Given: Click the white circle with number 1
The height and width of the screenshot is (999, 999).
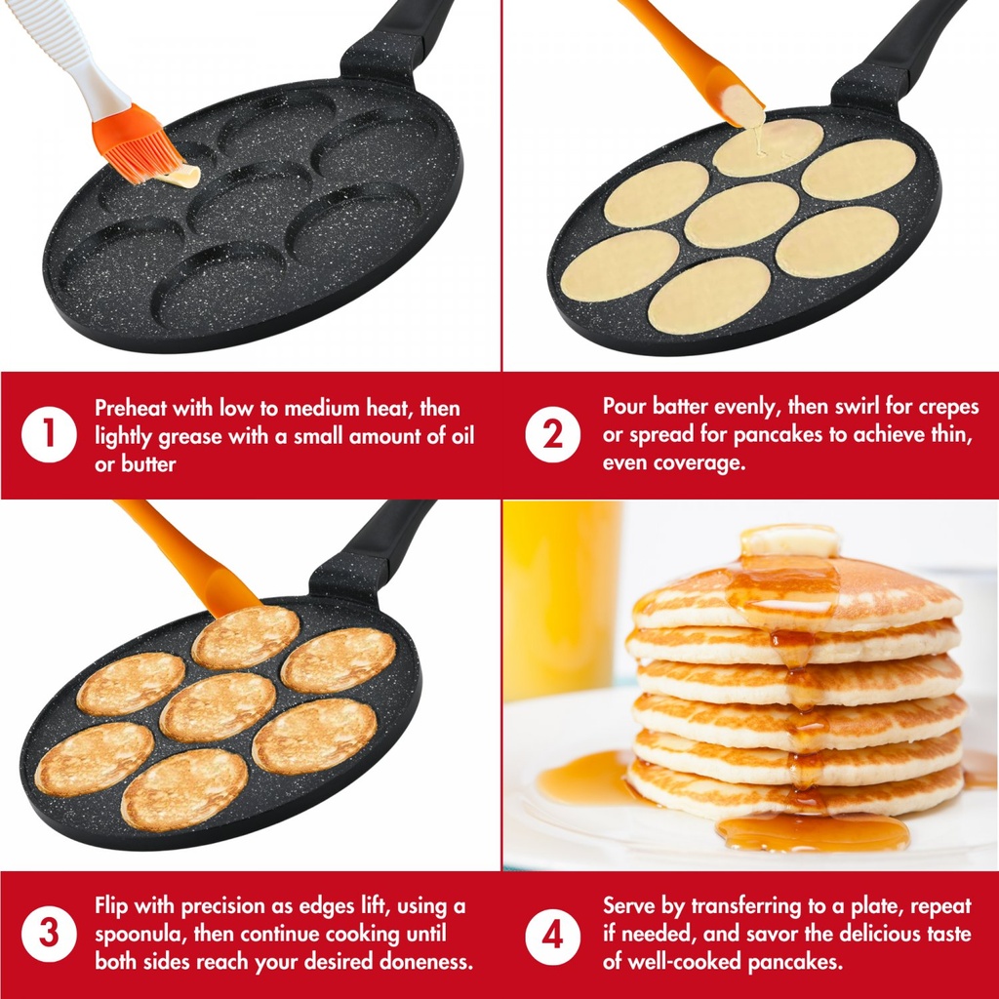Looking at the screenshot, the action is pos(49,434).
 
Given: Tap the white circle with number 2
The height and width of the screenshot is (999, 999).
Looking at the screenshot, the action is pos(552,434).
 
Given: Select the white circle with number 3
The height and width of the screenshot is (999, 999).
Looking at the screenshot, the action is pos(49,934).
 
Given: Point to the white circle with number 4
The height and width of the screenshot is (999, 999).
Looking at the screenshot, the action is pos(552,936).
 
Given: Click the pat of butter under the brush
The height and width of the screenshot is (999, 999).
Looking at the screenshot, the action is pos(180,177).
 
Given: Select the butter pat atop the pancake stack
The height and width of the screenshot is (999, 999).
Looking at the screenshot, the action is pos(789,540).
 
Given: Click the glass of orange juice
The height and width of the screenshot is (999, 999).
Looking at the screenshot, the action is pos(561,599).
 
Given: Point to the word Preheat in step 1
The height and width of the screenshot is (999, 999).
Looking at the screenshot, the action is pos(131,408).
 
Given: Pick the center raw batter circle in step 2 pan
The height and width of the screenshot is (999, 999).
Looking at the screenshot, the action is pos(741,215).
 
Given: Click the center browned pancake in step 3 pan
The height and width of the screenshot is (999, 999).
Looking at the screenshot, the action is pos(218,707).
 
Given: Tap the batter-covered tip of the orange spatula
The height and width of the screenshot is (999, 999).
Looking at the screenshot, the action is pos(744,107).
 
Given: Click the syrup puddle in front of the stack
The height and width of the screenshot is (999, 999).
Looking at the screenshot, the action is pos(814,831).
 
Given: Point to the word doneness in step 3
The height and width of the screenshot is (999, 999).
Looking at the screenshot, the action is pos(425,961).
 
